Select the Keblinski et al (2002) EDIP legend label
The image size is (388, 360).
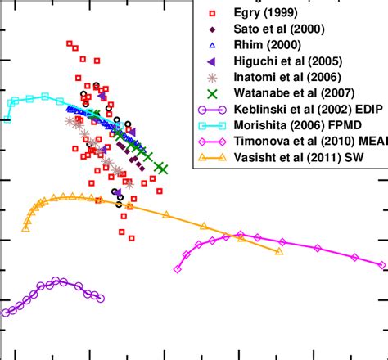click(311, 110)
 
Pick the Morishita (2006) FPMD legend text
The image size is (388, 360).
click(300, 125)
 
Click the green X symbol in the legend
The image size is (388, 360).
click(211, 94)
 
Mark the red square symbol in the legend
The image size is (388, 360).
click(211, 14)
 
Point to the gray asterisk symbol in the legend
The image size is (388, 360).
click(211, 78)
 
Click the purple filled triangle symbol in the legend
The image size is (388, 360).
click(211, 61)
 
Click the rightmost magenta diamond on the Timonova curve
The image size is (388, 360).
click(382, 264)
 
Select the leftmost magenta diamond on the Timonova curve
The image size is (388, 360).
click(178, 269)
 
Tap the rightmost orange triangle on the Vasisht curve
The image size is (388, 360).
click(280, 251)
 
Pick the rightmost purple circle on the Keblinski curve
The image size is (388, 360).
click(101, 299)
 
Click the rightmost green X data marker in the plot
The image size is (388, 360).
click(162, 169)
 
